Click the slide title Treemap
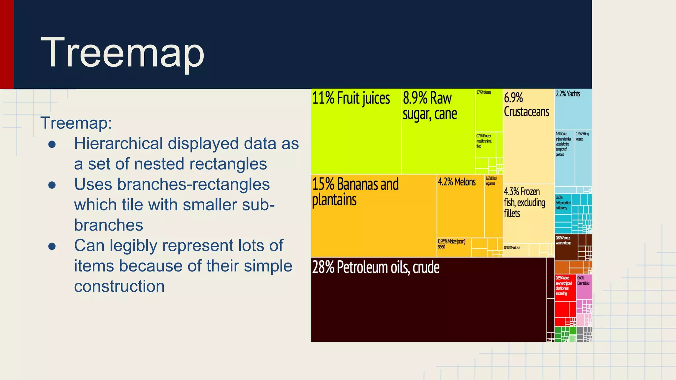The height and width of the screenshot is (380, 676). click(122, 53)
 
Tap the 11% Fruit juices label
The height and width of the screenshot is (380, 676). click(351, 98)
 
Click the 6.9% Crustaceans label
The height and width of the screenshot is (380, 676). click(526, 105)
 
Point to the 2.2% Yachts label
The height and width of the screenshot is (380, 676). click(568, 94)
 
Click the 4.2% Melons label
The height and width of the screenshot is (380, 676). click(456, 182)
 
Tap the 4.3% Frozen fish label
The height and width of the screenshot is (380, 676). click(524, 202)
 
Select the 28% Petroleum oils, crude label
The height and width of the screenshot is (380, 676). click(376, 267)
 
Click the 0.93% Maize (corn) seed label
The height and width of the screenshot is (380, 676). click(451, 244)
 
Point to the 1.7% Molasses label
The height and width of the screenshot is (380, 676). click(484, 92)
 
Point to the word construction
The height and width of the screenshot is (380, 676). click(119, 286)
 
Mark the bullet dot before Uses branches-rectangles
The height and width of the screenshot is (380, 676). click(52, 185)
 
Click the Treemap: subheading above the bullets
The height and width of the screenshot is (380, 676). click(76, 123)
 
